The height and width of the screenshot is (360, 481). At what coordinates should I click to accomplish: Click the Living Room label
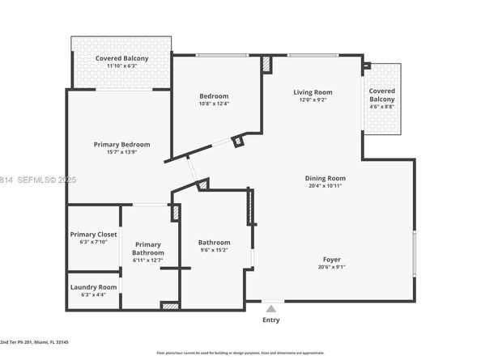(x=313, y=92)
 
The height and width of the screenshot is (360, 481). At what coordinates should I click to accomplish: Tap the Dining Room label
(x=325, y=178)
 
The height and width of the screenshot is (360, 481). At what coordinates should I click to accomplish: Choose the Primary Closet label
(x=93, y=235)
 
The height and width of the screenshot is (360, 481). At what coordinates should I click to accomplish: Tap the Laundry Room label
(x=93, y=286)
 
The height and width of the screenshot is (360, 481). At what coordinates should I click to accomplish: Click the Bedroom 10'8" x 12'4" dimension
(x=215, y=104)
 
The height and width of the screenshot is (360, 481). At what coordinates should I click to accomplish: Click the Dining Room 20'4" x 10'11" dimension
(x=325, y=186)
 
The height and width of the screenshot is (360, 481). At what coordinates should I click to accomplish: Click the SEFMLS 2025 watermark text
(x=38, y=180)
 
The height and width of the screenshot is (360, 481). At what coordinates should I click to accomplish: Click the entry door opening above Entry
(x=273, y=303)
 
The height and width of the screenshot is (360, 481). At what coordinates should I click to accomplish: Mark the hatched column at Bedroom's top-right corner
(x=266, y=65)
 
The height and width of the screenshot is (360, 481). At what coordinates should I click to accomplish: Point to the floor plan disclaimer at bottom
(x=240, y=353)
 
